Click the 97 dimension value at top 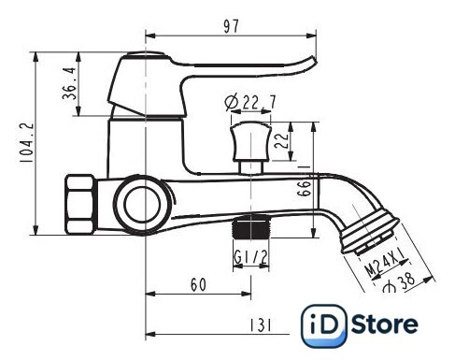pos(231,26)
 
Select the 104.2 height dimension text pos(27,142)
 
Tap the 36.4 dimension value pos(69,83)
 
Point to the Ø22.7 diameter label pos(250,102)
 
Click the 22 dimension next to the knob pos(281,141)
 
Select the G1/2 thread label pos(250,257)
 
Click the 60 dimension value pos(198,284)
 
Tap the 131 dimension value pos(261,325)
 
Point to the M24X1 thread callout pos(386,264)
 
